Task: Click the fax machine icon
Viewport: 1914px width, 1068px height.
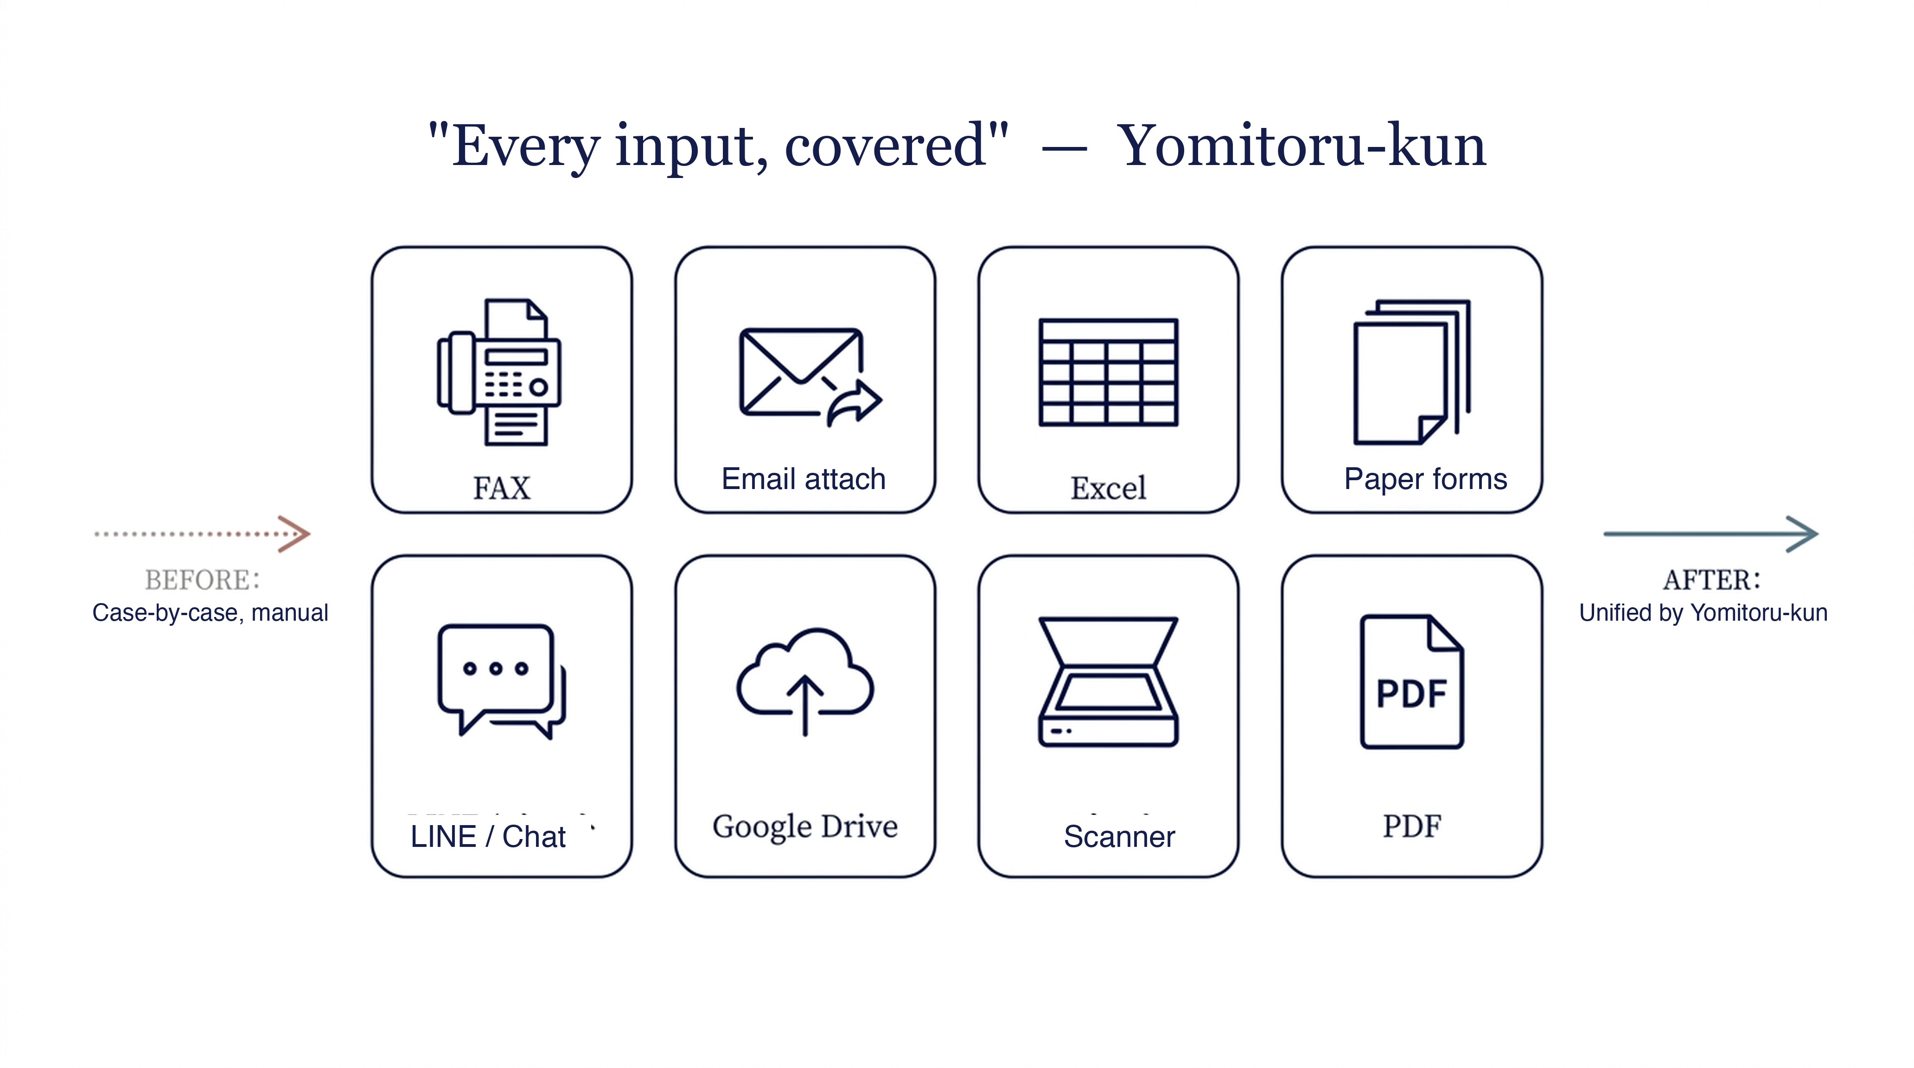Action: (499, 372)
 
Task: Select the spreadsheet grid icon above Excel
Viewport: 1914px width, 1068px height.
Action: (1108, 372)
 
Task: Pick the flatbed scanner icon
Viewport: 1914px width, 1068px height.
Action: (1108, 681)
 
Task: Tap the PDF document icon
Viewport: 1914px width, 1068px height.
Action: (1412, 681)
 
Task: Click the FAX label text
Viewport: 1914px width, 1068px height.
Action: (502, 489)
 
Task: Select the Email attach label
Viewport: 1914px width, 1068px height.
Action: (804, 479)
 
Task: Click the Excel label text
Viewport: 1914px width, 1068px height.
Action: (1108, 489)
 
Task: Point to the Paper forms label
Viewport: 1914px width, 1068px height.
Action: (1426, 479)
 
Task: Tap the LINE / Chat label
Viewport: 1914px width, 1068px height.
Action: (488, 836)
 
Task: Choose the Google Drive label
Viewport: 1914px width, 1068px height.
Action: (805, 826)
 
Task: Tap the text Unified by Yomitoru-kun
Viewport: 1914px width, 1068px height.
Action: (1703, 613)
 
